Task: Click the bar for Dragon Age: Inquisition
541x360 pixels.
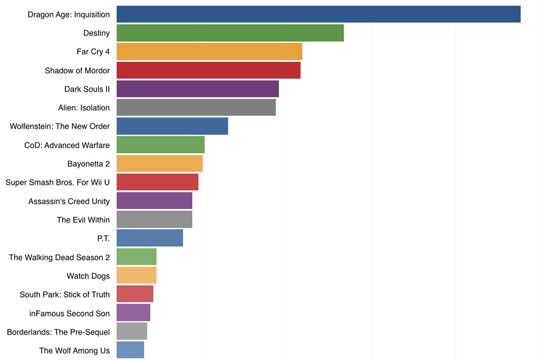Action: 318,14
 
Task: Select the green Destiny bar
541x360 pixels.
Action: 230,33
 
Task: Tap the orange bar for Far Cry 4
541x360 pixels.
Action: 209,51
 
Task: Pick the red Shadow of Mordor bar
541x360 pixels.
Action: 209,70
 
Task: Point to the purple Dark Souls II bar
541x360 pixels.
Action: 197,89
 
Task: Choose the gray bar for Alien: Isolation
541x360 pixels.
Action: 196,108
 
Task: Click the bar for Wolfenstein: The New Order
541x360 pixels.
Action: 172,126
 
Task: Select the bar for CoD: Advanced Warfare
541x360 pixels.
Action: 160,145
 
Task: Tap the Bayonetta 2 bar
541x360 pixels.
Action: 159,163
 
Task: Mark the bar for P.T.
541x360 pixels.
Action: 149,238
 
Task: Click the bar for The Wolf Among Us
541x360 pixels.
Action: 130,350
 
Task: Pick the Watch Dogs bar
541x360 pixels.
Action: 136,275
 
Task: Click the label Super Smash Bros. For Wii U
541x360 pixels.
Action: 57,183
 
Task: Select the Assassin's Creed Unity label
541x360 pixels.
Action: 69,201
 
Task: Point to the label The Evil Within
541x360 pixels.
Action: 83,220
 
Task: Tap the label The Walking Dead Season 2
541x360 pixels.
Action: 59,257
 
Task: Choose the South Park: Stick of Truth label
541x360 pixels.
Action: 64,295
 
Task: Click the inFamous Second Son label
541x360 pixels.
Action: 69,313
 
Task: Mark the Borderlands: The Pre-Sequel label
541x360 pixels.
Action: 58,332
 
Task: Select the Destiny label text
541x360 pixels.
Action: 96,33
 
